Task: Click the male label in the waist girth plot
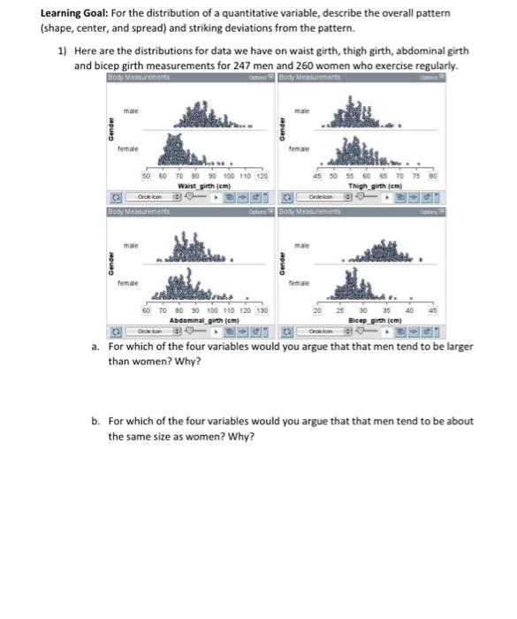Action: pyautogui.click(x=131, y=111)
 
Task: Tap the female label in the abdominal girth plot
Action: pyautogui.click(x=130, y=283)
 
